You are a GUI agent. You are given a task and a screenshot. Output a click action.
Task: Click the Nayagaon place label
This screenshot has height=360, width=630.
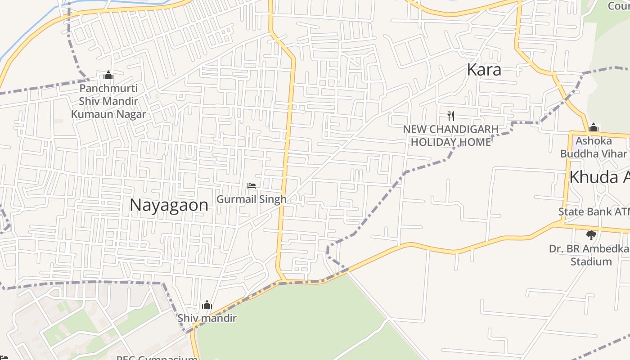pos(169,205)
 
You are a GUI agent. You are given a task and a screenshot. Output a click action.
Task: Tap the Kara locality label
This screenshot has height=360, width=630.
pos(484,70)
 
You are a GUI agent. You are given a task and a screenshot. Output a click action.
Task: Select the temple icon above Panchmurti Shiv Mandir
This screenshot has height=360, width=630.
pos(108,75)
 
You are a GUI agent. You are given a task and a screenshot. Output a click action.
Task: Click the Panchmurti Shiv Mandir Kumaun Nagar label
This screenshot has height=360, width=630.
pos(108,101)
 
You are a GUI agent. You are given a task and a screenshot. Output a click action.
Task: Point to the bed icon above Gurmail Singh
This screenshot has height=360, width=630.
pos(252,186)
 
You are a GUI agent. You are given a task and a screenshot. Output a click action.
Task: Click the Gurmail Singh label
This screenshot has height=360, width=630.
pos(251,199)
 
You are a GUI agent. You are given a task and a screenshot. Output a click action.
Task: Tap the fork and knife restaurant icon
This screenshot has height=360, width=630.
pos(451,116)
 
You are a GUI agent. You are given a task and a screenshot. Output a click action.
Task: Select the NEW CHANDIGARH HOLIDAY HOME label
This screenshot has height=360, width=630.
pos(450,135)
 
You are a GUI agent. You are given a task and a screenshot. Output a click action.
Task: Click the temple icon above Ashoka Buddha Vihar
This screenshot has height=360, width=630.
pos(593,127)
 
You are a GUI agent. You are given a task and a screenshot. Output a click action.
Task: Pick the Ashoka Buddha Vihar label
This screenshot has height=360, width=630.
pos(593,147)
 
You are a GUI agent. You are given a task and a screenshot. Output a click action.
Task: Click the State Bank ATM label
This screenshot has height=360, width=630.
pos(594,211)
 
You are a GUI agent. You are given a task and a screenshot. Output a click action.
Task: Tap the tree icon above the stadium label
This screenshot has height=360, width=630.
pos(591,235)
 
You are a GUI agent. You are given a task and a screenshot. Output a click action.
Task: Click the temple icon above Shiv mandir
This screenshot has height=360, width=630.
pos(207,305)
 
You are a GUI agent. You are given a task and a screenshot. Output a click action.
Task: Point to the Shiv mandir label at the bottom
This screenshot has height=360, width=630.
pos(207,318)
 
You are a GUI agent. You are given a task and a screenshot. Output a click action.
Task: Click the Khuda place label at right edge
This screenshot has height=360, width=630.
pos(599,177)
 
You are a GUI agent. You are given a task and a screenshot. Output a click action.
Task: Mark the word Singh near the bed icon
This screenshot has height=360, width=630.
pos(273,199)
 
